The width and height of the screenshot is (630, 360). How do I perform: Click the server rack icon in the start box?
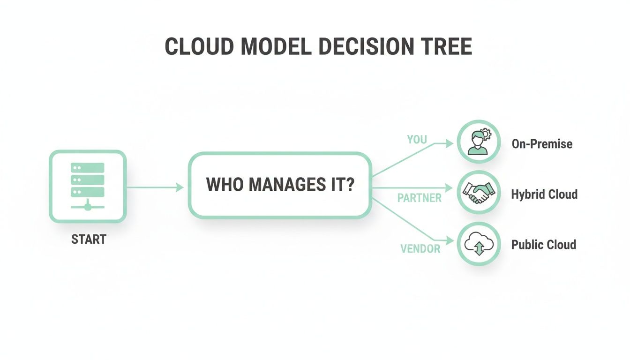click(88, 186)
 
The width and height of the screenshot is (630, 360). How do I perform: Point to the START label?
click(89, 240)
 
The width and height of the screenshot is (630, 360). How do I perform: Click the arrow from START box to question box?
click(155, 187)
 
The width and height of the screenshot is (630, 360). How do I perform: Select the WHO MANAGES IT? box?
click(280, 185)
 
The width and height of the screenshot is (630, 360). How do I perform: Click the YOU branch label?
click(417, 139)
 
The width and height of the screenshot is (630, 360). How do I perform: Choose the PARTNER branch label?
click(420, 198)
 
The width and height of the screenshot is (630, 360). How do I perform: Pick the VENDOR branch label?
click(420, 249)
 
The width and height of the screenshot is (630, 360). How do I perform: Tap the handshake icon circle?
click(479, 193)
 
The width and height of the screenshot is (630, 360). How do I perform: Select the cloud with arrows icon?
click(479, 244)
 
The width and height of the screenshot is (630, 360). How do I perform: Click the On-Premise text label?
click(542, 143)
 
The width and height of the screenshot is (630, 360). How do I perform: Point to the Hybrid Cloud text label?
click(544, 194)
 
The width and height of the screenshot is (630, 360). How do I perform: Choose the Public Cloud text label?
click(543, 245)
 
